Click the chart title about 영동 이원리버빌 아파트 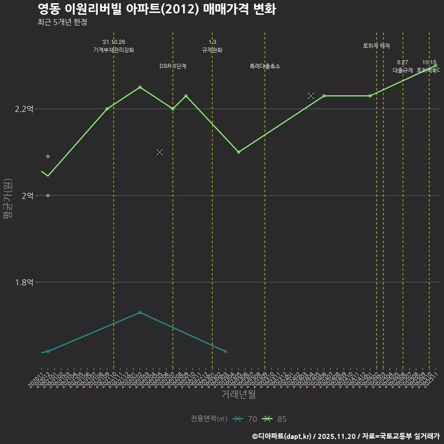[157, 9]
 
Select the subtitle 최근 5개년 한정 [62, 22]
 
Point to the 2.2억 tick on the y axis [24, 109]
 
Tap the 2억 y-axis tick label [27, 196]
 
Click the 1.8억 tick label [24, 282]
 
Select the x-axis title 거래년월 [238, 395]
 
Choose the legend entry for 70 [245, 419]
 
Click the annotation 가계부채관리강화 [114, 50]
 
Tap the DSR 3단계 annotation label [173, 66]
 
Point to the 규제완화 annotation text [212, 50]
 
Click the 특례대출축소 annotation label [265, 66]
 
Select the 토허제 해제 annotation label [376, 46]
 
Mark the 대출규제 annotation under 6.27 [403, 70]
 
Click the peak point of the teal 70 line [140, 312]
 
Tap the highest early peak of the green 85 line [140, 87]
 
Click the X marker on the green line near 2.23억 [311, 96]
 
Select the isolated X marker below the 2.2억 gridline [160, 152]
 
